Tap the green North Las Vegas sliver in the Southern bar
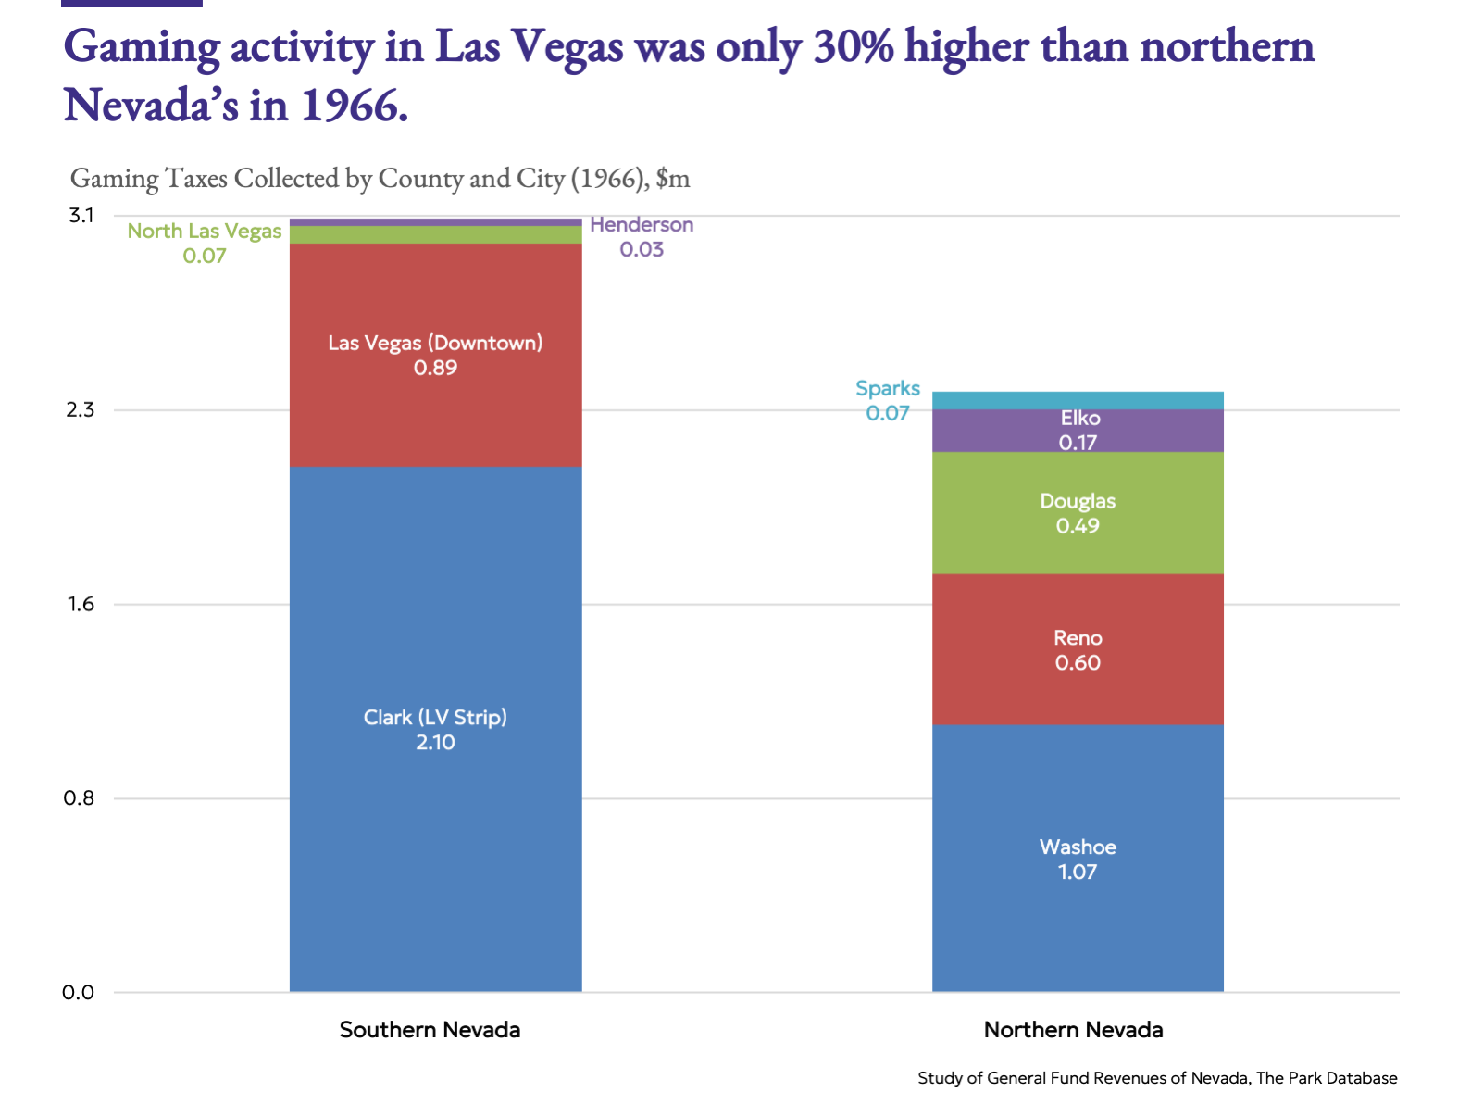[435, 235]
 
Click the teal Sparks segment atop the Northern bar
[1078, 400]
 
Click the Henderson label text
[642, 225]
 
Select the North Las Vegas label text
[205, 232]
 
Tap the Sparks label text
[888, 389]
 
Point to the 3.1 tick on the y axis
[81, 216]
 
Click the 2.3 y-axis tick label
[81, 409]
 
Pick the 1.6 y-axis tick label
[81, 604]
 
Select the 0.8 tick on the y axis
[81, 798]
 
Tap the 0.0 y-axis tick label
[79, 993]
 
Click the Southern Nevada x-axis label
[430, 1030]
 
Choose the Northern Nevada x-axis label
[1073, 1030]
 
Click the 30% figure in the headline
[853, 46]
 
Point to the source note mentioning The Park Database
[1157, 1078]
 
